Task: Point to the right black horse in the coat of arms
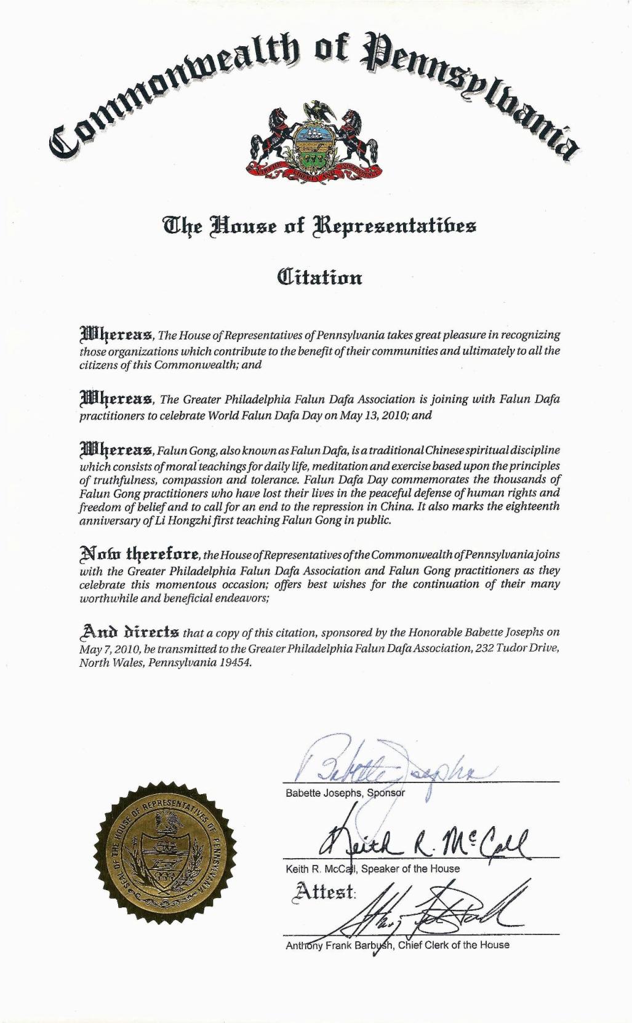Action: tap(358, 135)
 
